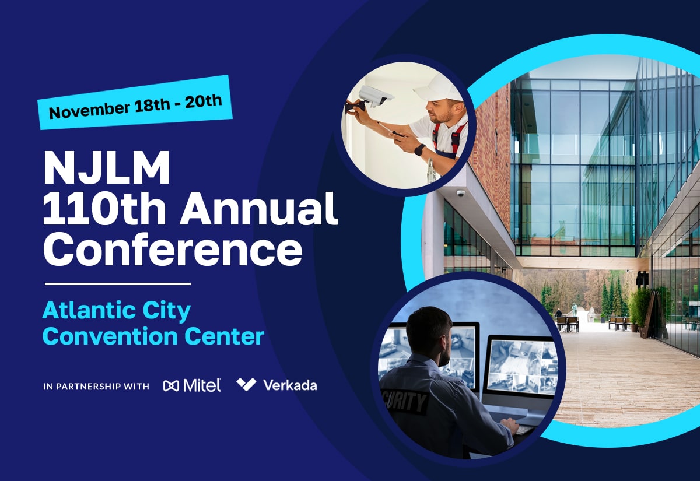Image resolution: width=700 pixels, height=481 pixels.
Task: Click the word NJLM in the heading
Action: [x=107, y=168]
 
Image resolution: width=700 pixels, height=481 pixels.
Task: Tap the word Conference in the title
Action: [x=173, y=249]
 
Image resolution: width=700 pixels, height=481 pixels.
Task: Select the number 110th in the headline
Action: [x=104, y=208]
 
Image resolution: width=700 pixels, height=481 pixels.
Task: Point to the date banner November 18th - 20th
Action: [x=135, y=102]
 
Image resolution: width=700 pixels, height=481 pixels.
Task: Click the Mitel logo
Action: [x=192, y=385]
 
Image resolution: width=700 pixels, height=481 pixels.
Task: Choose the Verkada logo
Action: [x=277, y=385]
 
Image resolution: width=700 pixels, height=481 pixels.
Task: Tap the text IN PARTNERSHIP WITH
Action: [x=96, y=387]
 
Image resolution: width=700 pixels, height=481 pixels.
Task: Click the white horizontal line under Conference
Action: [x=118, y=284]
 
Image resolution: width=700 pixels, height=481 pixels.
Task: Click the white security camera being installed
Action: [x=376, y=96]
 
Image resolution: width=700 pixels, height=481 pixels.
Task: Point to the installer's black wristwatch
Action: [x=420, y=150]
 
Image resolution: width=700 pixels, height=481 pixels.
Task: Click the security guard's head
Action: [x=430, y=331]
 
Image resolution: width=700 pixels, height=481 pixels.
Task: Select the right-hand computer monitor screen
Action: [x=521, y=366]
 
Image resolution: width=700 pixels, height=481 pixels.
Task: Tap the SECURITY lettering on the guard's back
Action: [x=405, y=401]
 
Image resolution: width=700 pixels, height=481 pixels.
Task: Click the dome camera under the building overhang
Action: [x=461, y=194]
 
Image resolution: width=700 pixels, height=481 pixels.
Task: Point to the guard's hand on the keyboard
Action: [x=510, y=425]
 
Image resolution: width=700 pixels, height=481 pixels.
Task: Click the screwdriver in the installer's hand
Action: [x=390, y=129]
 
